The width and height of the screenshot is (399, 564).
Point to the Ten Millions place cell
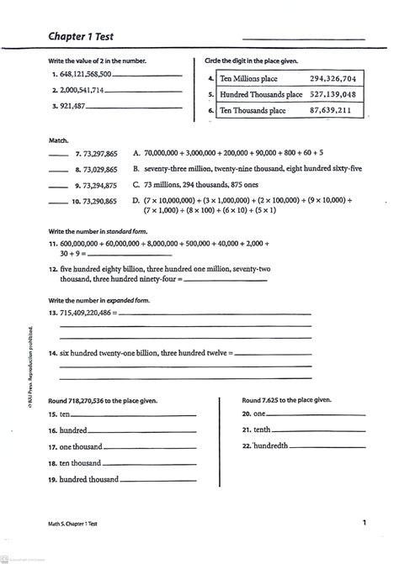pos(248,78)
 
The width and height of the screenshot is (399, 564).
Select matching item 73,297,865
pos(95,155)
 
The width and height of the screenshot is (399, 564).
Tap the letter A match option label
pos(136,154)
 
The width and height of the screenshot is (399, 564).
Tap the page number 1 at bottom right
pos(364,524)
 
